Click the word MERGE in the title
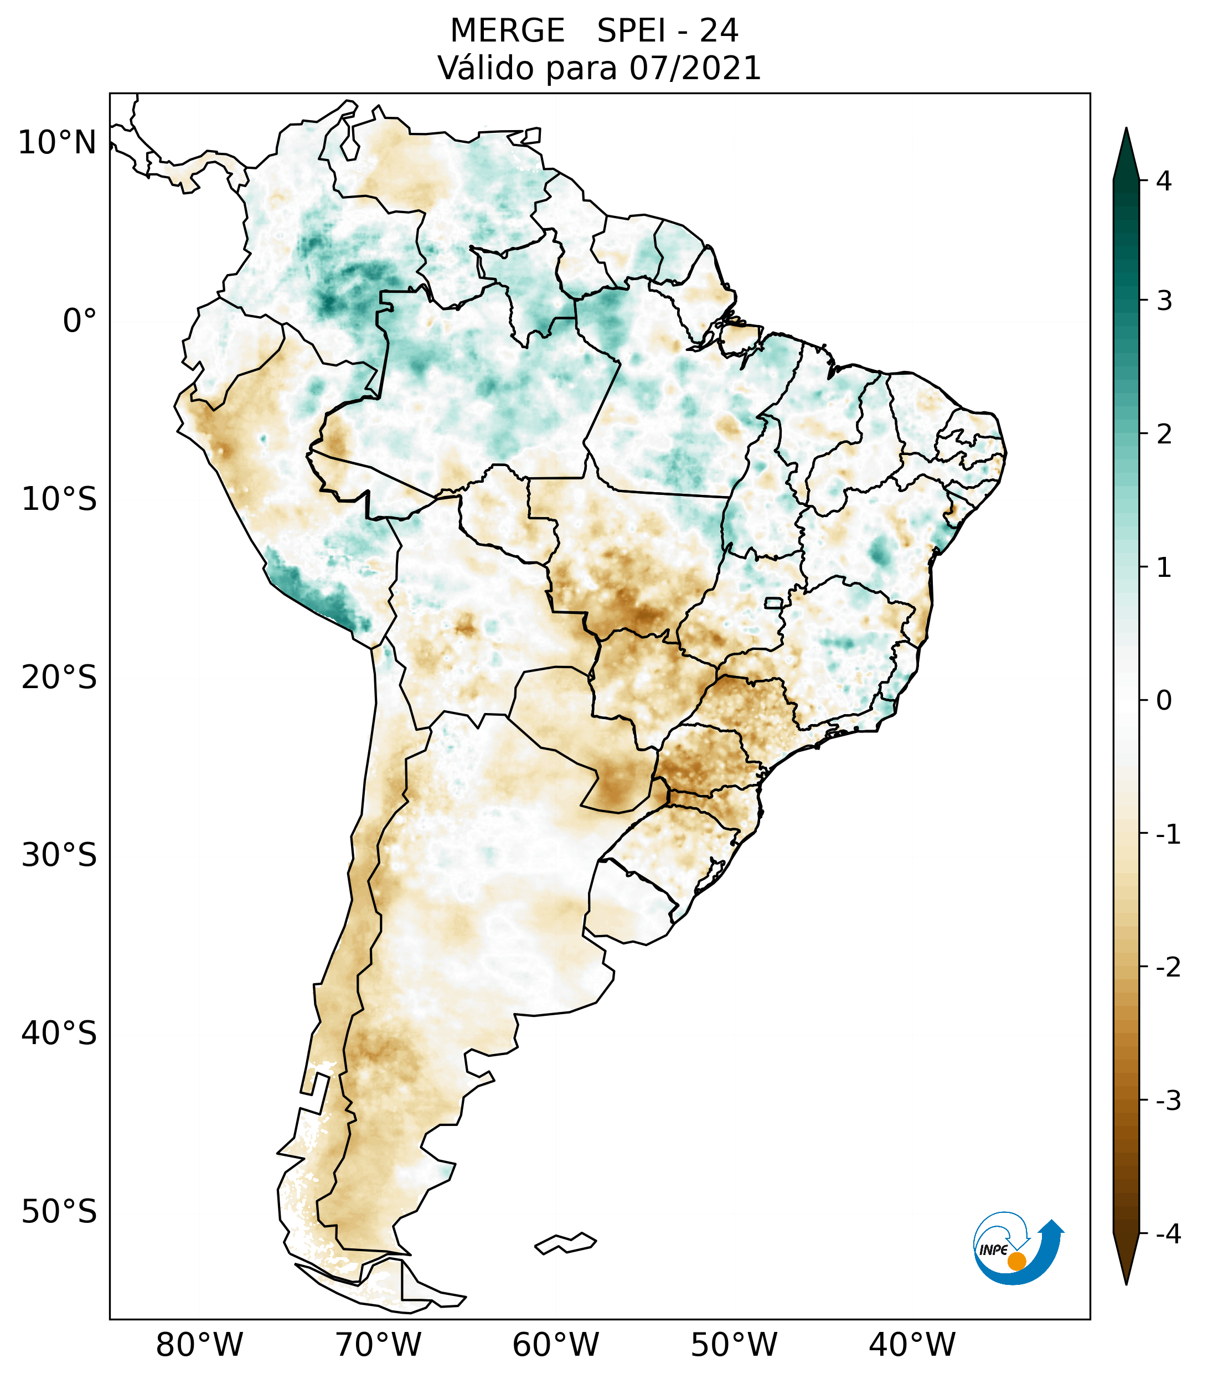point(507,31)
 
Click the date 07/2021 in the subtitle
point(695,68)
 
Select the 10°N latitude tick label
point(58,143)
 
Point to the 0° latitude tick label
point(80,321)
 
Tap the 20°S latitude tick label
point(59,678)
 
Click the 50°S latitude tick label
point(59,1212)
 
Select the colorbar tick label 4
point(1164,181)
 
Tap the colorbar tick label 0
point(1164,701)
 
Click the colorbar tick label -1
point(1168,835)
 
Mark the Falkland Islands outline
point(565,1243)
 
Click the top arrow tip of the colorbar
point(1126,130)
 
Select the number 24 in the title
point(719,31)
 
